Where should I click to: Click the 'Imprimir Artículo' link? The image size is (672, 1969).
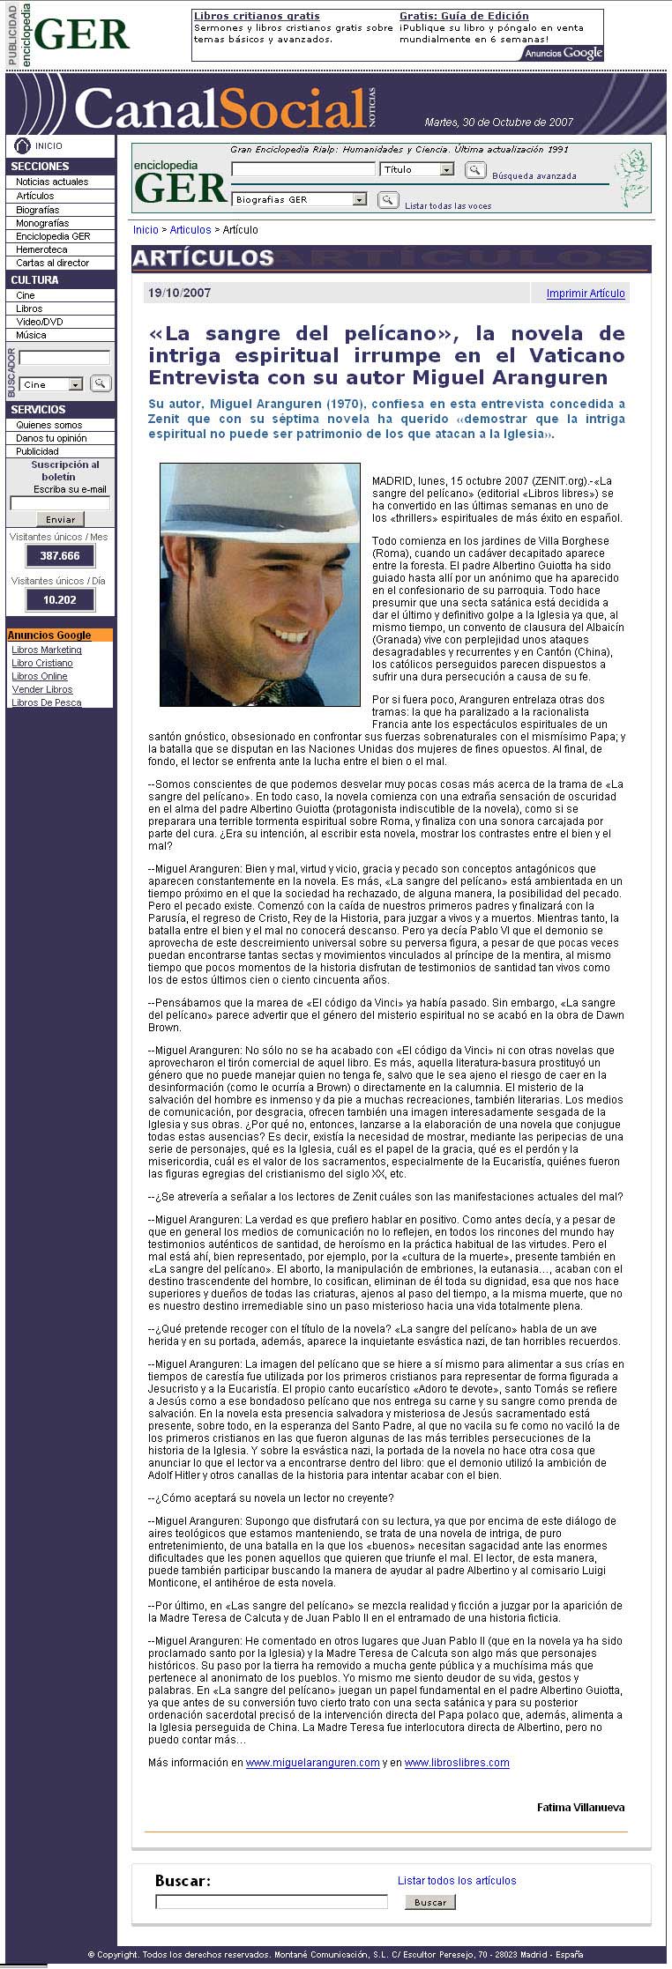(585, 293)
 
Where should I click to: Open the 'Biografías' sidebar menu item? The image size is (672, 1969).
(38, 210)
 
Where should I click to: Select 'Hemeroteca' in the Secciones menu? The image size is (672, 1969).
(41, 249)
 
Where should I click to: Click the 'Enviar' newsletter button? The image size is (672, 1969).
(60, 519)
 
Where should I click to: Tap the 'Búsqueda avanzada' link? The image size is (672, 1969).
(534, 176)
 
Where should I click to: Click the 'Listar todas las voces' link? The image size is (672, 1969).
(448, 205)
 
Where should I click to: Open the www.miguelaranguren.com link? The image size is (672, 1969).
(312, 1762)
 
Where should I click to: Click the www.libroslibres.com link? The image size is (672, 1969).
(457, 1762)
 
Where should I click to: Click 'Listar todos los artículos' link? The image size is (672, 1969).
(457, 1880)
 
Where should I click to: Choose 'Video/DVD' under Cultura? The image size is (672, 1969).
(40, 322)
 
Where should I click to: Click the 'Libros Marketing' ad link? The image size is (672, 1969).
(47, 650)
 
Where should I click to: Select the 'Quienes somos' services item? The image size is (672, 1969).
(49, 425)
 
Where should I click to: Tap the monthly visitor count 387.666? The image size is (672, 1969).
(60, 556)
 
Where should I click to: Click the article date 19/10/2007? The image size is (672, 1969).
(180, 293)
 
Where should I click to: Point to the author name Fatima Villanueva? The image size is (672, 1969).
(580, 1807)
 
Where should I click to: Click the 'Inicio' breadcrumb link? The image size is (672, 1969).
(146, 230)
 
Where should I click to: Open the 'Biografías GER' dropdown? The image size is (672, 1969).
(299, 200)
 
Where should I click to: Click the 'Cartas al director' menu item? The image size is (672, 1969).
(53, 263)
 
